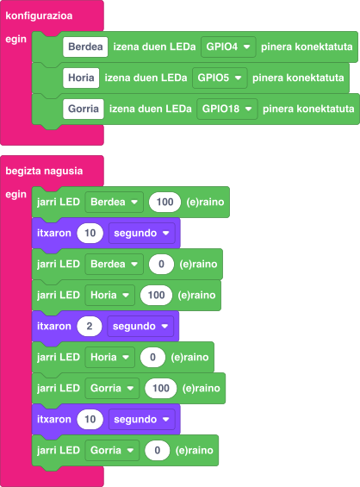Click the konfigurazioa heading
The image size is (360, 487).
click(39, 16)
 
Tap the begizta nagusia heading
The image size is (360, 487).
click(44, 172)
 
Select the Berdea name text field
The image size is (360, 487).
click(85, 47)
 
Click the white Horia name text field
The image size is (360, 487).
click(81, 78)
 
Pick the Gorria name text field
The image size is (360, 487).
click(84, 109)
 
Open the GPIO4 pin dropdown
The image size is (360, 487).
click(228, 47)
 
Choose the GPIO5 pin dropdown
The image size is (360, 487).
click(220, 78)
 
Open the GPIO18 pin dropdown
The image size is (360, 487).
click(227, 109)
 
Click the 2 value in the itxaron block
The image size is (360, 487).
click(90, 327)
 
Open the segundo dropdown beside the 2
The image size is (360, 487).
click(140, 327)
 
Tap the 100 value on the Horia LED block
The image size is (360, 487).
click(156, 296)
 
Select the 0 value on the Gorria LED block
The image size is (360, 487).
click(158, 451)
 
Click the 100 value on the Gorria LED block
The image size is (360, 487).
click(161, 389)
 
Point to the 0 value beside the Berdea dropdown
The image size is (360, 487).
click(161, 265)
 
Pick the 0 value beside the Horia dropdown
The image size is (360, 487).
click(152, 358)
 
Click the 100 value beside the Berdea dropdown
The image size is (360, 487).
click(164, 203)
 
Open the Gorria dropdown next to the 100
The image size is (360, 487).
click(112, 389)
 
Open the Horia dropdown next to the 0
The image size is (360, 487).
click(110, 358)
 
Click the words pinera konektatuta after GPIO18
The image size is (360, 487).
click(308, 109)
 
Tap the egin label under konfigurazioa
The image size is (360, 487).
click(16, 40)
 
